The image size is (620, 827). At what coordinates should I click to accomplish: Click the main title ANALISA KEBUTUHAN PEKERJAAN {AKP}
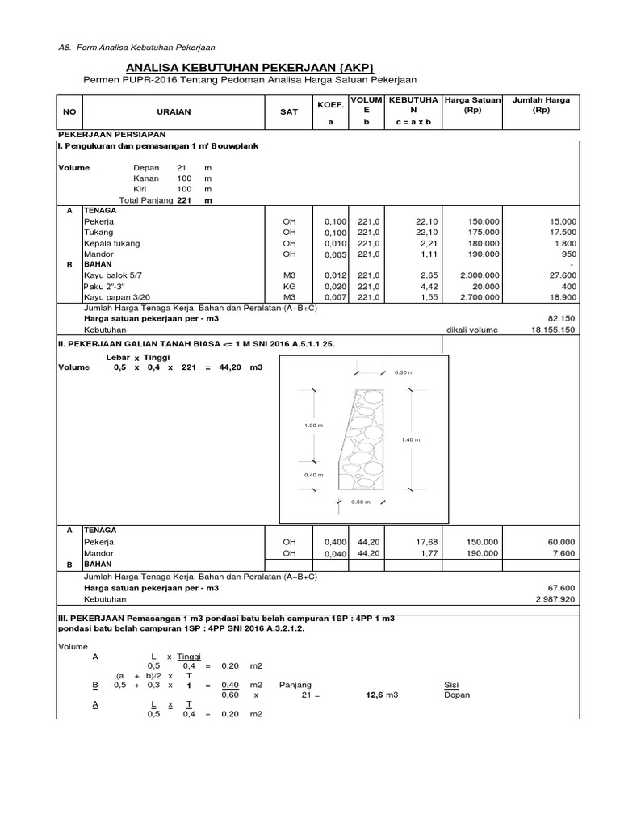tap(251, 67)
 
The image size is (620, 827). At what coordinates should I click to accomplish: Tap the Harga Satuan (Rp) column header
tap(473, 106)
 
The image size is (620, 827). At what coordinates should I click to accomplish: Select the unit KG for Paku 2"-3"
tap(289, 286)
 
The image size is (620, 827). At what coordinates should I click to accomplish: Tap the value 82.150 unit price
tap(561, 319)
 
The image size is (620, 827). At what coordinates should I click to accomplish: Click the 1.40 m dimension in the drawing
tap(411, 439)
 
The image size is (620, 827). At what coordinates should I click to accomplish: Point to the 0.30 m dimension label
tap(403, 372)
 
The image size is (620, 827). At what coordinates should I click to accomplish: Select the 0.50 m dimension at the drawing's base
tap(360, 502)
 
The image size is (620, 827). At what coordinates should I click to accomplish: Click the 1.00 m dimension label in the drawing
tap(314, 424)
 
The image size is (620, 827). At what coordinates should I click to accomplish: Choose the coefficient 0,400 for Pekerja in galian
tap(334, 542)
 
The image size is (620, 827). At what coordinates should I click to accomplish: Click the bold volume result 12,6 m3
tap(375, 695)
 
